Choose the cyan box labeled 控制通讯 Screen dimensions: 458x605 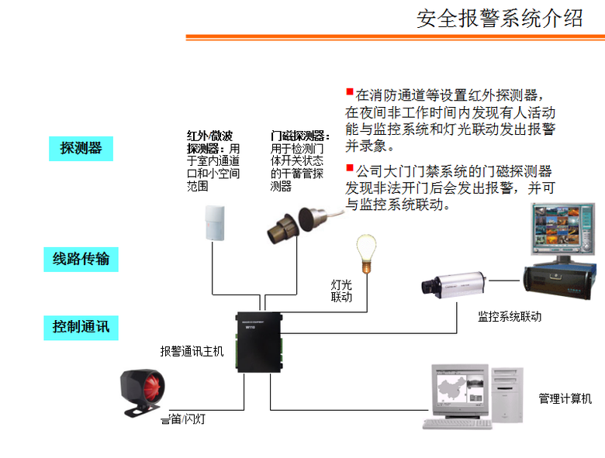[x=81, y=326]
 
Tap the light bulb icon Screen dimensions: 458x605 [x=364, y=251]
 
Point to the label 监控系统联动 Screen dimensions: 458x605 [x=510, y=317]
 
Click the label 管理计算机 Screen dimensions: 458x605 [x=565, y=398]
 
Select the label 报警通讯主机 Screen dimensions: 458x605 [x=192, y=351]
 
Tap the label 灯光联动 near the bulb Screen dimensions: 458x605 [x=341, y=291]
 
